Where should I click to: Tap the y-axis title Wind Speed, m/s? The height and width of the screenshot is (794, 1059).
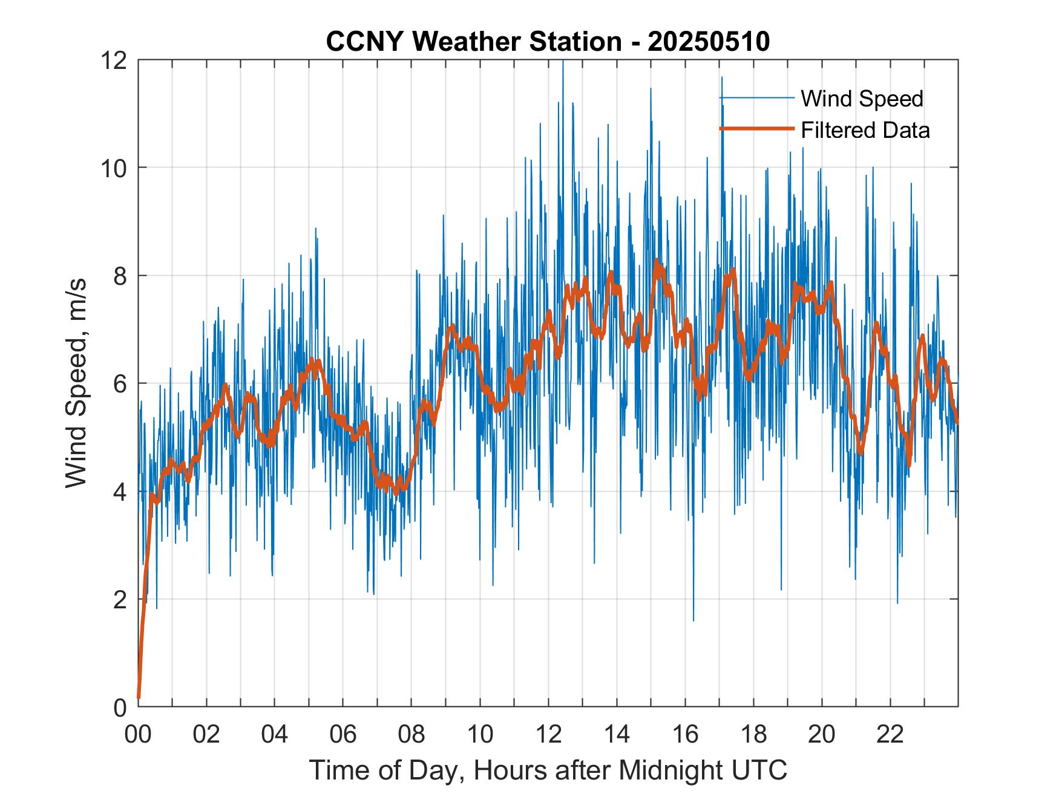click(x=77, y=383)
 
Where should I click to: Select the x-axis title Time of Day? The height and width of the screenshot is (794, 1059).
click(x=548, y=770)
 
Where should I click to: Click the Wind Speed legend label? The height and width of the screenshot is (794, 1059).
click(x=862, y=99)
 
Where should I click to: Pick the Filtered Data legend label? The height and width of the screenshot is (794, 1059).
click(x=865, y=130)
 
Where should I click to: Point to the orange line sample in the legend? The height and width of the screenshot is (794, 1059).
click(x=756, y=129)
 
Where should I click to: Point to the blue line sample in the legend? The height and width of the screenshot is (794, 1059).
click(x=756, y=98)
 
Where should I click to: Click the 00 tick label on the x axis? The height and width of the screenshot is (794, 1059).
click(x=138, y=735)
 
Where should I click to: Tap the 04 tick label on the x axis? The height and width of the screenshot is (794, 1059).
click(x=275, y=735)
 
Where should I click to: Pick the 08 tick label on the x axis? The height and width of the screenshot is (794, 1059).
click(x=411, y=735)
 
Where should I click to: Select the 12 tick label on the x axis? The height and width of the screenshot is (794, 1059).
click(x=548, y=735)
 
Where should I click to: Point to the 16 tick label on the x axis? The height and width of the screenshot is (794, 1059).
click(x=685, y=735)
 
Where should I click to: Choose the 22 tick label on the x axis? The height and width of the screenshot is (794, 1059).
click(x=890, y=735)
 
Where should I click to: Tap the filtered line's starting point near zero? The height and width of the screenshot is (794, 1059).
click(x=139, y=697)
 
